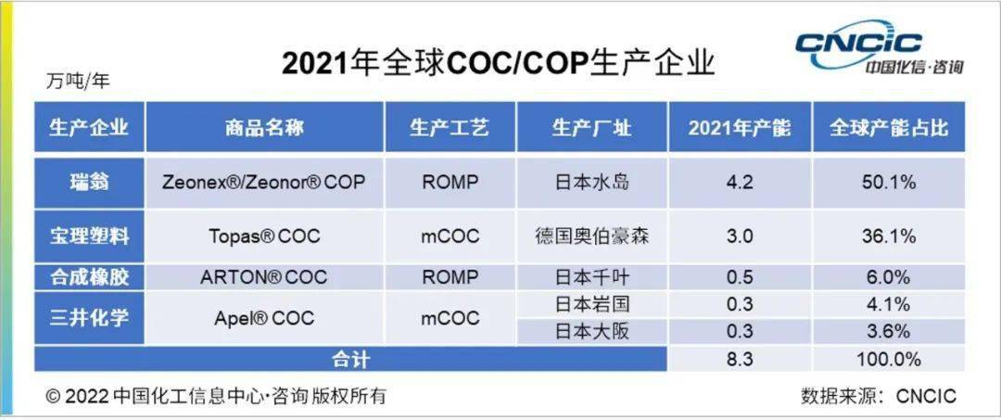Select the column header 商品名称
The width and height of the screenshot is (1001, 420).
pyautogui.click(x=264, y=128)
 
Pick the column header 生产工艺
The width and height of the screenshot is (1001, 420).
pyautogui.click(x=450, y=128)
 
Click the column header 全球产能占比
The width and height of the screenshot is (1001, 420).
pyautogui.click(x=888, y=128)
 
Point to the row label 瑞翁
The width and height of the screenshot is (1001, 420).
pyautogui.click(x=90, y=182)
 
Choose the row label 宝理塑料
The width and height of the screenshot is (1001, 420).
pyautogui.click(x=90, y=236)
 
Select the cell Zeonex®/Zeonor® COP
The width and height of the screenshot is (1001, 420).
pyautogui.click(x=264, y=182)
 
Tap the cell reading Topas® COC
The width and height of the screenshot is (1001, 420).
pyautogui.click(x=264, y=236)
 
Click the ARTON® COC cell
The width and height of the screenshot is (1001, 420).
pyautogui.click(x=264, y=277)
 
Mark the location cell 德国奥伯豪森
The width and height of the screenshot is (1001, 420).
pyautogui.click(x=591, y=236)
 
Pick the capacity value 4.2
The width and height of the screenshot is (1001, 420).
pyautogui.click(x=740, y=182)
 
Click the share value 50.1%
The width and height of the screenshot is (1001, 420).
pyautogui.click(x=888, y=182)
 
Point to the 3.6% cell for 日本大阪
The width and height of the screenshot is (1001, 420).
pyautogui.click(x=888, y=331)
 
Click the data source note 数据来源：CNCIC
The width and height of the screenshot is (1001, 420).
pyautogui.click(x=878, y=396)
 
